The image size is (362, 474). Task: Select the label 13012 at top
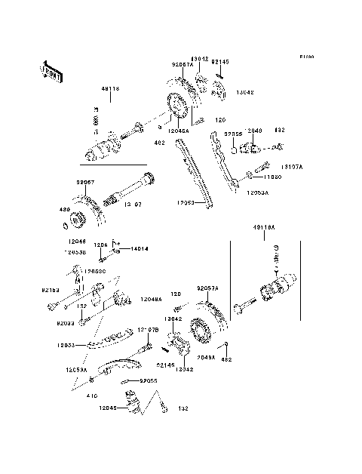click(199, 58)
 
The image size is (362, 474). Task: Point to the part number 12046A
click(179, 131)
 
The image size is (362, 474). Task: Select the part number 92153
click(51, 289)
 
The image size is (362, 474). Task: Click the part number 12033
click(66, 345)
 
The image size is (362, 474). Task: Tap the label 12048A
click(151, 299)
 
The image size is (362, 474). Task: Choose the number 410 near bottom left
click(92, 394)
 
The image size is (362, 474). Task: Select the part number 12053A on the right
click(256, 192)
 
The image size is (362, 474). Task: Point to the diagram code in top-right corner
click(305, 57)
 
